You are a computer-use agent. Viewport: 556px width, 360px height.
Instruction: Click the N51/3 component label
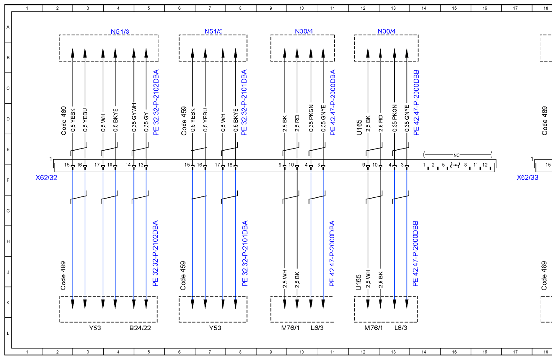120,31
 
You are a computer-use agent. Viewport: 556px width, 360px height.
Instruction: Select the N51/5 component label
213,31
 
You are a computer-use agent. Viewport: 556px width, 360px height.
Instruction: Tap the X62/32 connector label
46,177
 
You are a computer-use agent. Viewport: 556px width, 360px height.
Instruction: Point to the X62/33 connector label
527,177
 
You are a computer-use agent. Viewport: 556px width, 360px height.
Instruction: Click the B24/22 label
140,328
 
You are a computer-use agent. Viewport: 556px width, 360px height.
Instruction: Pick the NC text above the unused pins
456,155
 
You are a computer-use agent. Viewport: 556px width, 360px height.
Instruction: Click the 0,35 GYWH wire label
134,118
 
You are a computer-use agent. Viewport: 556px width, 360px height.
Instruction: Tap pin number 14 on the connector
128,165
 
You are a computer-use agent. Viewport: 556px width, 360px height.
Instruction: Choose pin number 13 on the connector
141,165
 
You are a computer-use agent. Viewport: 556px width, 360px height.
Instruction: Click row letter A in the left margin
8,27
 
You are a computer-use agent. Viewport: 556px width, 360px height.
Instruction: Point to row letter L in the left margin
8,333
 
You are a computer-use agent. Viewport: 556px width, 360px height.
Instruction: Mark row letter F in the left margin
8,180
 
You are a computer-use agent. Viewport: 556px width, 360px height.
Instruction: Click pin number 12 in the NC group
485,165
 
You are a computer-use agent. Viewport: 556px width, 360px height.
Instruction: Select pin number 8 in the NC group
465,165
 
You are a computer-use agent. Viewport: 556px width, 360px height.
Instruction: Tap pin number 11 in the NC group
476,165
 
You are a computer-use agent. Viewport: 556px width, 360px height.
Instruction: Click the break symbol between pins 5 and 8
455,165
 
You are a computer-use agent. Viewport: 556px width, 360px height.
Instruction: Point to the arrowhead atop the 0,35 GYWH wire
134,53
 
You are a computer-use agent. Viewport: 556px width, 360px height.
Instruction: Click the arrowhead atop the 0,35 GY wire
146,53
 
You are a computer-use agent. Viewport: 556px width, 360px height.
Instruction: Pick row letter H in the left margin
8,241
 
